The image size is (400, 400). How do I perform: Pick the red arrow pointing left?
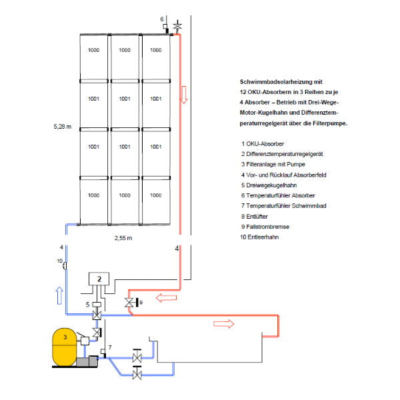(x=163, y=297)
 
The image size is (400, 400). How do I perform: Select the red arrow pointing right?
(x=223, y=325)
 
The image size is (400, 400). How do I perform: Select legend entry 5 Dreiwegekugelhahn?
(x=270, y=185)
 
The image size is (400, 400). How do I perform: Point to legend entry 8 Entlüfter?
(x=257, y=216)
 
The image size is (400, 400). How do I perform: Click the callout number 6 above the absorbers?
(x=161, y=19)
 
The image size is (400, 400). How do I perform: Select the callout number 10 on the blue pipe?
(x=59, y=260)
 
